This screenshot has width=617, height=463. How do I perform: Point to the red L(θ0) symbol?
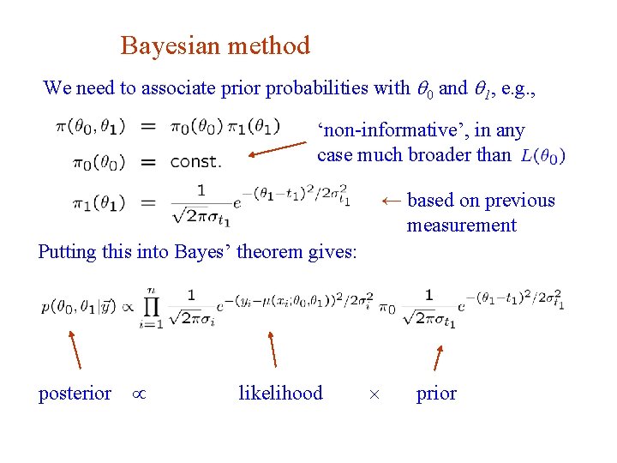pos(542,157)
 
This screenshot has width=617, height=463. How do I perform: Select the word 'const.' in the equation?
pos(195,161)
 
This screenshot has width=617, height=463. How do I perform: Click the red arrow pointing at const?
pos(277,151)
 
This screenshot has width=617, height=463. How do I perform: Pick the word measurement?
pos(462,225)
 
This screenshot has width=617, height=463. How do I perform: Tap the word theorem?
pos(274,252)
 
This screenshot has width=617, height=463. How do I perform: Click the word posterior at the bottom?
pos(75,394)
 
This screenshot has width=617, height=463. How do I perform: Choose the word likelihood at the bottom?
pos(280,394)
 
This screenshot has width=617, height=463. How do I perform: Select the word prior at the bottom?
pos(436,394)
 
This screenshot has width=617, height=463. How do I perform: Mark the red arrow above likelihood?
pos(273,349)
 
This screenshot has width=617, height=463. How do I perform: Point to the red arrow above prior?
pos(439,358)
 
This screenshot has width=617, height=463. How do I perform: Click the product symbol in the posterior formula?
pos(152,306)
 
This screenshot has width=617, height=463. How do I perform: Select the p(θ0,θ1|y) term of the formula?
pos(79,305)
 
